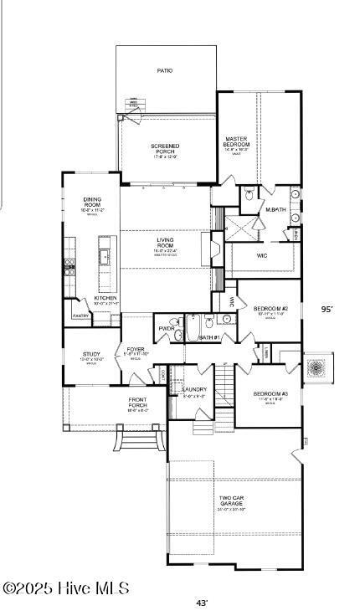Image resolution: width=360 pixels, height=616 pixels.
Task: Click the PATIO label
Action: pos(165,71)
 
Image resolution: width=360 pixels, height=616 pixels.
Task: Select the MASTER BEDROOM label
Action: pos(237,141)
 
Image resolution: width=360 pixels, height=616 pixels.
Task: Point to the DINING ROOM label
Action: pos(92,202)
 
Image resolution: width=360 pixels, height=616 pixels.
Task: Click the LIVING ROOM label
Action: pos(164,242)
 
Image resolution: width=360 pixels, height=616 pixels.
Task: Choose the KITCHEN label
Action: pos(105,298)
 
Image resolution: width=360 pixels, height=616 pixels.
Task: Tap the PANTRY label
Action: pos(80,316)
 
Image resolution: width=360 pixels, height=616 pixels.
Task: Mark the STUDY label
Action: pos(91,354)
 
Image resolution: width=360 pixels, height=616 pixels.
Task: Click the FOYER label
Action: pos(136,350)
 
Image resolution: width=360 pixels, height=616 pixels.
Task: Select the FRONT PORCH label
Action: pos(138,403)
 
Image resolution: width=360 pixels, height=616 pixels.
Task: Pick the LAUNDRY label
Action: pos(194,389)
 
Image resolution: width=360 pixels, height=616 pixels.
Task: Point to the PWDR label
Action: pos(167,328)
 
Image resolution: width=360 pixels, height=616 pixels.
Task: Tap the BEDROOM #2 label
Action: pos(270,309)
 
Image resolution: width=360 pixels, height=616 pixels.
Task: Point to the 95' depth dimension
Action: pos(327,309)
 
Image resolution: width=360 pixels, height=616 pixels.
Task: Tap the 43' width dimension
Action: pos(202,603)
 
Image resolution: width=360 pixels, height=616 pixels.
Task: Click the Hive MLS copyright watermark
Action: pos(65,589)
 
